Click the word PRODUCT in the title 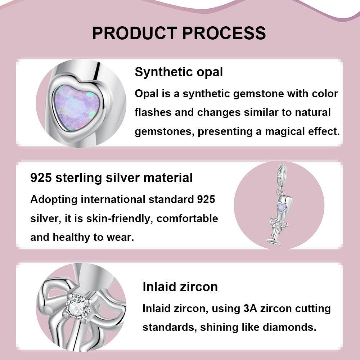134,33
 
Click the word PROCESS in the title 224,33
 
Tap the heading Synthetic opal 179,72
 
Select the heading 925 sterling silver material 111,177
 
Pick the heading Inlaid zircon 180,287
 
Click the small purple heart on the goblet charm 282,207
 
